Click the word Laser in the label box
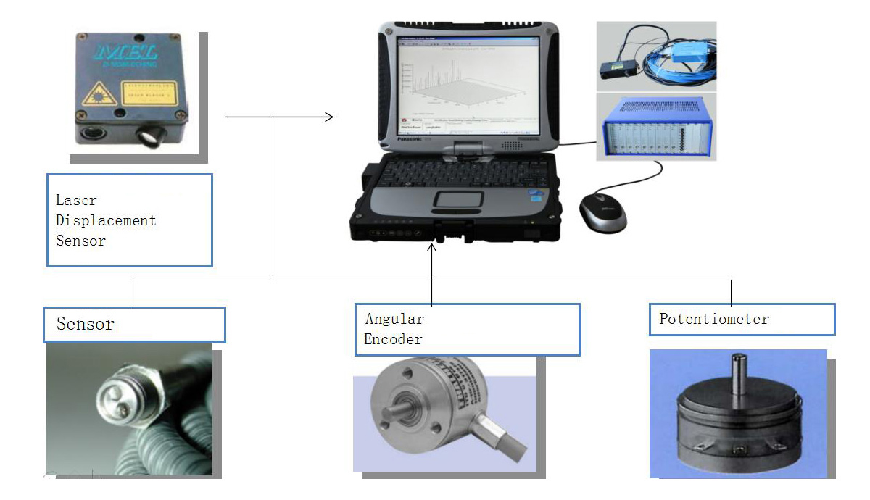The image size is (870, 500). [x=76, y=199]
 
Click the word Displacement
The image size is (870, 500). [x=106, y=220]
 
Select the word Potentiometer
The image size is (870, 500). [x=713, y=319]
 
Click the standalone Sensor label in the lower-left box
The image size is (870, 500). [x=86, y=324]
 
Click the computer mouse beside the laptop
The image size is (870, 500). [x=602, y=212]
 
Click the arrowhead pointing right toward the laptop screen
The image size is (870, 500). [x=329, y=116]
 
